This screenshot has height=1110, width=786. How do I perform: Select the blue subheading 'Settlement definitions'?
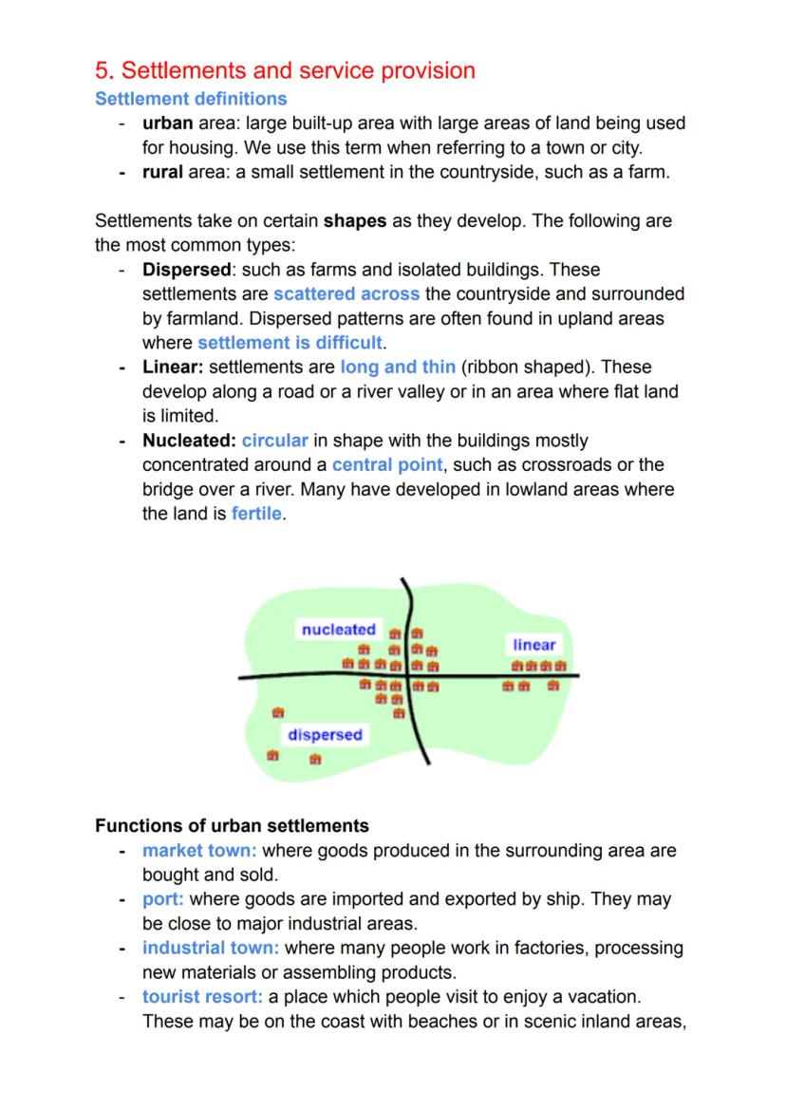191,99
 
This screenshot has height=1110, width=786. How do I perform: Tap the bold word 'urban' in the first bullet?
168,123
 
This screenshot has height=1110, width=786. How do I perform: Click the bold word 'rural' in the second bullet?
162,173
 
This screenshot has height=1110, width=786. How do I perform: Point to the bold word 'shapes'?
355,221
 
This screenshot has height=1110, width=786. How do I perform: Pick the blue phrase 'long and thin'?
398,367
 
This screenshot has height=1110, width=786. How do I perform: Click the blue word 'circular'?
275,441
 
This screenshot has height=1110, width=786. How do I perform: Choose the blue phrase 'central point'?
387,465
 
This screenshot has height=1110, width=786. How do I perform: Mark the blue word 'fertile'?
256,515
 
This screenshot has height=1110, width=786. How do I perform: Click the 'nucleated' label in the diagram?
339,630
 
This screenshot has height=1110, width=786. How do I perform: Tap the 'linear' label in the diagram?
533,645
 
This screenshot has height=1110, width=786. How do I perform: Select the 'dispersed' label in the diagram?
325,735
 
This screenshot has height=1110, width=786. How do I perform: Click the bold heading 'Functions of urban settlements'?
232,825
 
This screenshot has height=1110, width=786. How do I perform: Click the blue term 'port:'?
162,899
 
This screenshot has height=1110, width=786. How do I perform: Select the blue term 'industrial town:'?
211,948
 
